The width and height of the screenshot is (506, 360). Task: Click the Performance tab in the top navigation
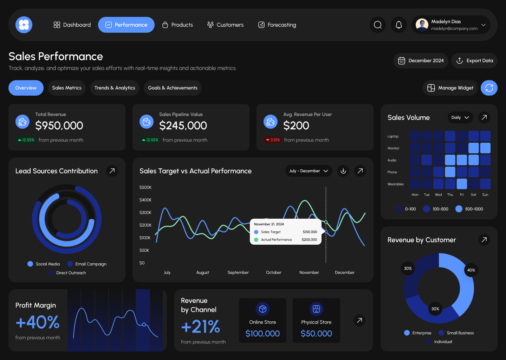pyautogui.click(x=126, y=25)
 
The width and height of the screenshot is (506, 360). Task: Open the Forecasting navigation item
pyautogui.click(x=277, y=25)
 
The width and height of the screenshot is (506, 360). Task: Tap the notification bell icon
pyautogui.click(x=398, y=25)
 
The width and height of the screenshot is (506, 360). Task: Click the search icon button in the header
pyautogui.click(x=378, y=25)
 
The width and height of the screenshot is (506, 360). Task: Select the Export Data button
pyautogui.click(x=474, y=61)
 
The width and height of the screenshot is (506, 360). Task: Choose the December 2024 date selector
pyautogui.click(x=421, y=61)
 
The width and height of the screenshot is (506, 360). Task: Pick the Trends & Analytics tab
pyautogui.click(x=115, y=88)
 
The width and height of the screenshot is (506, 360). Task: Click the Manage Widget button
pyautogui.click(x=450, y=88)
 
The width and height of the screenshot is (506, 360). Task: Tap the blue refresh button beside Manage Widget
pyautogui.click(x=489, y=88)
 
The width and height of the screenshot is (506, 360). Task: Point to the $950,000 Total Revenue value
pyautogui.click(x=59, y=126)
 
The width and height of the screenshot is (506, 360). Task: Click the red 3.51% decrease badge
pyautogui.click(x=273, y=140)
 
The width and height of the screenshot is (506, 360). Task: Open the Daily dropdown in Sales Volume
pyautogui.click(x=460, y=117)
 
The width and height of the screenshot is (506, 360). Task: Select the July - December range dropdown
pyautogui.click(x=309, y=171)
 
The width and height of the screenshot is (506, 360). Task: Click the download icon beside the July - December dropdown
pyautogui.click(x=343, y=171)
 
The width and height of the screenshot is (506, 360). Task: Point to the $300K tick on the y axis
pyautogui.click(x=145, y=213)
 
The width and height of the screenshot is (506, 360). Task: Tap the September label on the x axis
pyautogui.click(x=238, y=272)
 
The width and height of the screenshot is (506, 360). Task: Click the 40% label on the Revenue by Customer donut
pyautogui.click(x=471, y=270)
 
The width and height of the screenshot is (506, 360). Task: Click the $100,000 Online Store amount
pyautogui.click(x=262, y=334)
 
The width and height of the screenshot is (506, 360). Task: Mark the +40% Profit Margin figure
pyautogui.click(x=38, y=322)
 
